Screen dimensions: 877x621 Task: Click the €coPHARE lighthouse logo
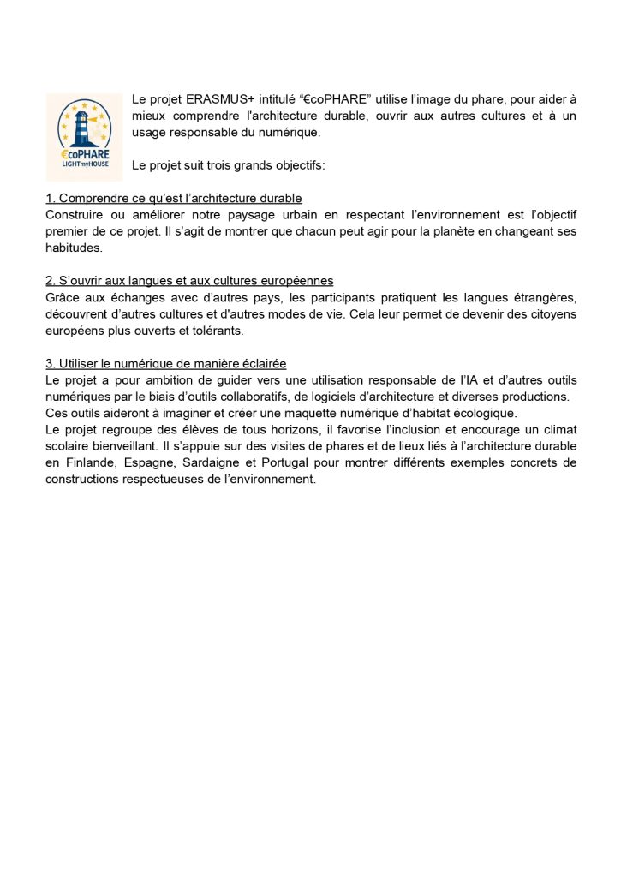tap(84, 132)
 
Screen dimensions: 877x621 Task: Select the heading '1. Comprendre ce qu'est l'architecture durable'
tap(174, 199)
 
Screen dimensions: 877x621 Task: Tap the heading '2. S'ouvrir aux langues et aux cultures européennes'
tap(189, 281)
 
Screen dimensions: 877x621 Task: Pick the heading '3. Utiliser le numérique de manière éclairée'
tap(166, 364)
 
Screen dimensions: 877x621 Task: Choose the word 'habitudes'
tap(74, 248)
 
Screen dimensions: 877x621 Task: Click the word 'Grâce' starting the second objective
tap(63, 297)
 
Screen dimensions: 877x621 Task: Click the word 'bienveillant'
tap(111, 446)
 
